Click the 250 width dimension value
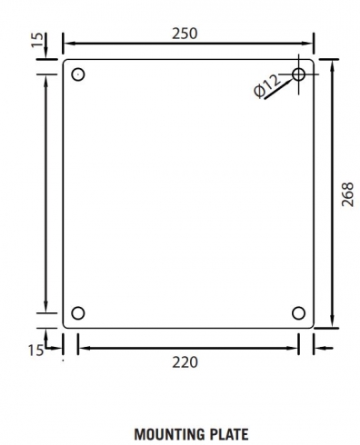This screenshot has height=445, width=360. point(185,34)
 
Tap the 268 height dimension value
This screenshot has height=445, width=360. point(347,194)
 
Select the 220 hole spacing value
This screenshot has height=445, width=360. point(185,361)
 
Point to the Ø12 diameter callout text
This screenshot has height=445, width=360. point(266,86)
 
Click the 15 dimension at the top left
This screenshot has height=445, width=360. point(37,40)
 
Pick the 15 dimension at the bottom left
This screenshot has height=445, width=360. point(35,350)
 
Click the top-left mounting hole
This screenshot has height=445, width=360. point(78,74)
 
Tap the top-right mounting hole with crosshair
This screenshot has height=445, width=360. point(299,74)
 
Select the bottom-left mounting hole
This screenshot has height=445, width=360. point(78,313)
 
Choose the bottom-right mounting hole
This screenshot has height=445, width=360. point(299,313)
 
